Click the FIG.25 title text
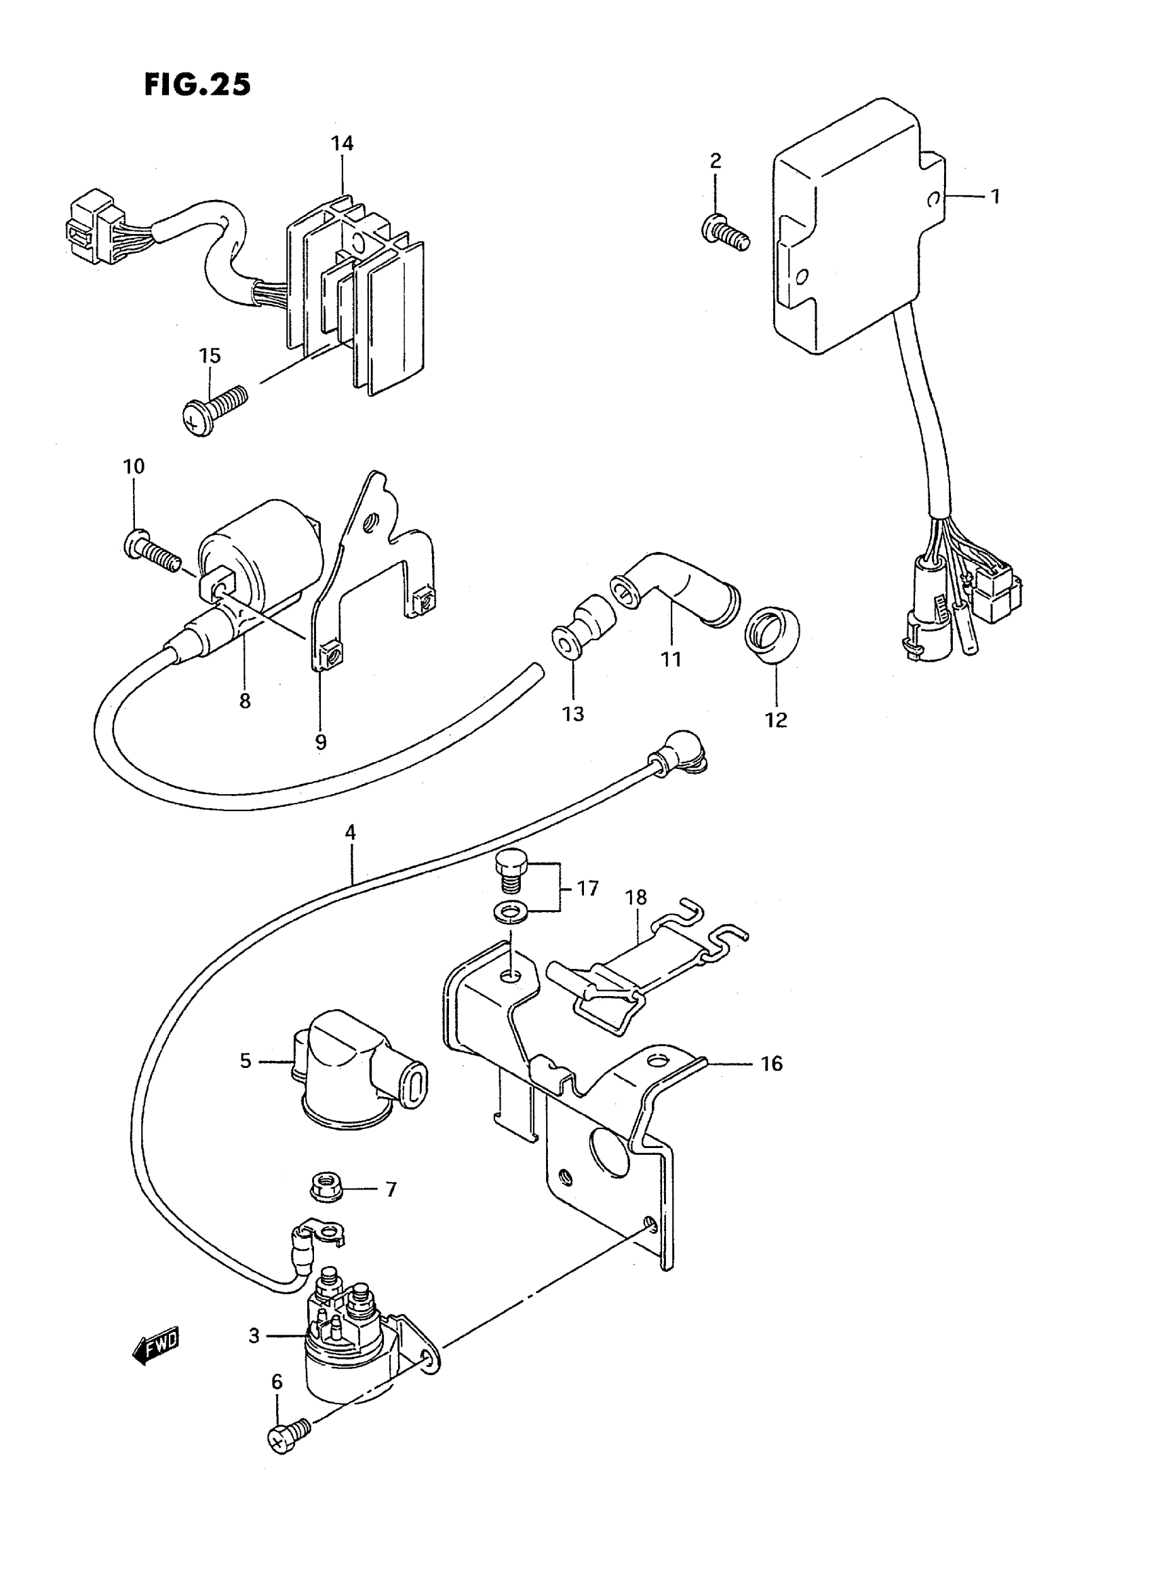click(197, 85)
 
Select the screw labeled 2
click(724, 233)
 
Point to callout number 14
click(342, 144)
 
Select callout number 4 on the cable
click(351, 832)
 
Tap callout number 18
click(636, 897)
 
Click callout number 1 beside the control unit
click(995, 197)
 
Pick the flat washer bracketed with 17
click(510, 911)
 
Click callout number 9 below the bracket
click(320, 742)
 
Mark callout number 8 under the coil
click(244, 700)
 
